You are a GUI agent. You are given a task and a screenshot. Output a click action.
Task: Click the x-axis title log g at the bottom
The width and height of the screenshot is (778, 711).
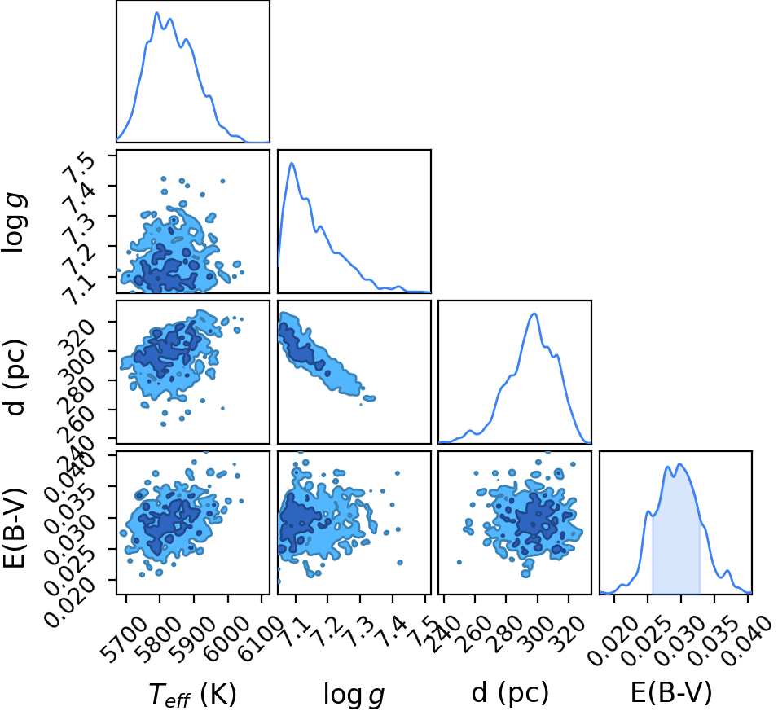pos(354,694)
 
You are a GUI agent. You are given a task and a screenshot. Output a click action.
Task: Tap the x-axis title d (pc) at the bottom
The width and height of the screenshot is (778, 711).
pos(510,691)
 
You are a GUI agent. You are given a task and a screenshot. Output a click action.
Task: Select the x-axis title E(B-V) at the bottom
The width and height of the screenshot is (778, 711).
pos(671,691)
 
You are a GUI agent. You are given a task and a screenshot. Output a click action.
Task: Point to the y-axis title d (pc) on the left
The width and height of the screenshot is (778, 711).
pos(15,378)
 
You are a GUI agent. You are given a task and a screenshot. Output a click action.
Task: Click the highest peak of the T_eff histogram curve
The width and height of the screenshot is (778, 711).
pos(156,13)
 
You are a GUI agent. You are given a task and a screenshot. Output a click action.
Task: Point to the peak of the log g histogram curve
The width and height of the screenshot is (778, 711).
pos(292,163)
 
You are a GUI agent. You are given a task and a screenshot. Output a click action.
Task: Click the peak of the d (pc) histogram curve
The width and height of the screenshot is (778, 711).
pos(534,314)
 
